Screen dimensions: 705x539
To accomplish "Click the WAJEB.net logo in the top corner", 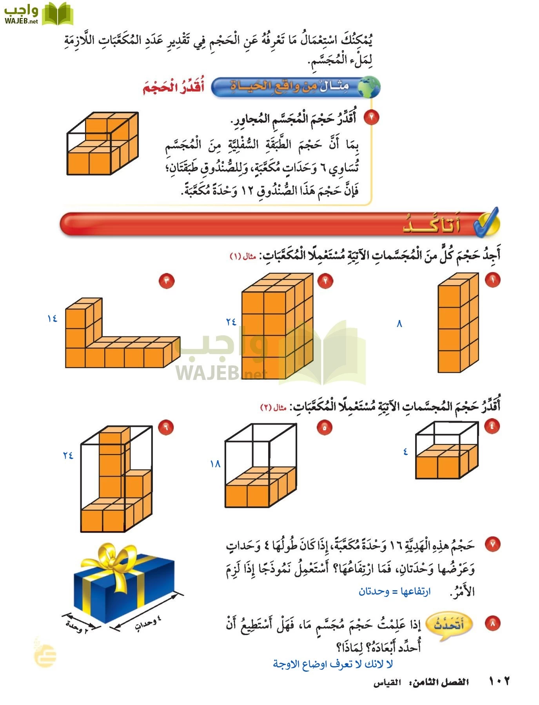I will click(x=38, y=14).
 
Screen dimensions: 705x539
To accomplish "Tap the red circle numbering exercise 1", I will click(x=492, y=280).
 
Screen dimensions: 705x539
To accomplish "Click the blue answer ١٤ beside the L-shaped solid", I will click(x=52, y=319).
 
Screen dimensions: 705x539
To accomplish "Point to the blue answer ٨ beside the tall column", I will click(x=399, y=324).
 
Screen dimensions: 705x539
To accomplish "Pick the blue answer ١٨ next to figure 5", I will click(x=215, y=464).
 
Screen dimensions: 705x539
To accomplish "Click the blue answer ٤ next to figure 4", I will click(x=405, y=452).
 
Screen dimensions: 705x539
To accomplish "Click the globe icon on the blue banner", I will click(x=369, y=87).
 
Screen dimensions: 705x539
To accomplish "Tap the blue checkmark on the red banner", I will click(x=486, y=222).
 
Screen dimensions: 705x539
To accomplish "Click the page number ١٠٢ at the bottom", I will click(x=499, y=681).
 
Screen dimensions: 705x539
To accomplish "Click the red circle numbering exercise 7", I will click(x=492, y=544).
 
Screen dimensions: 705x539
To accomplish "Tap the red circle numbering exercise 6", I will click(x=166, y=427).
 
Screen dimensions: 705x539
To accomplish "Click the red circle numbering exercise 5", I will click(x=325, y=428).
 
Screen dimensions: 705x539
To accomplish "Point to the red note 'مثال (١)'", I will click(x=243, y=257).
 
